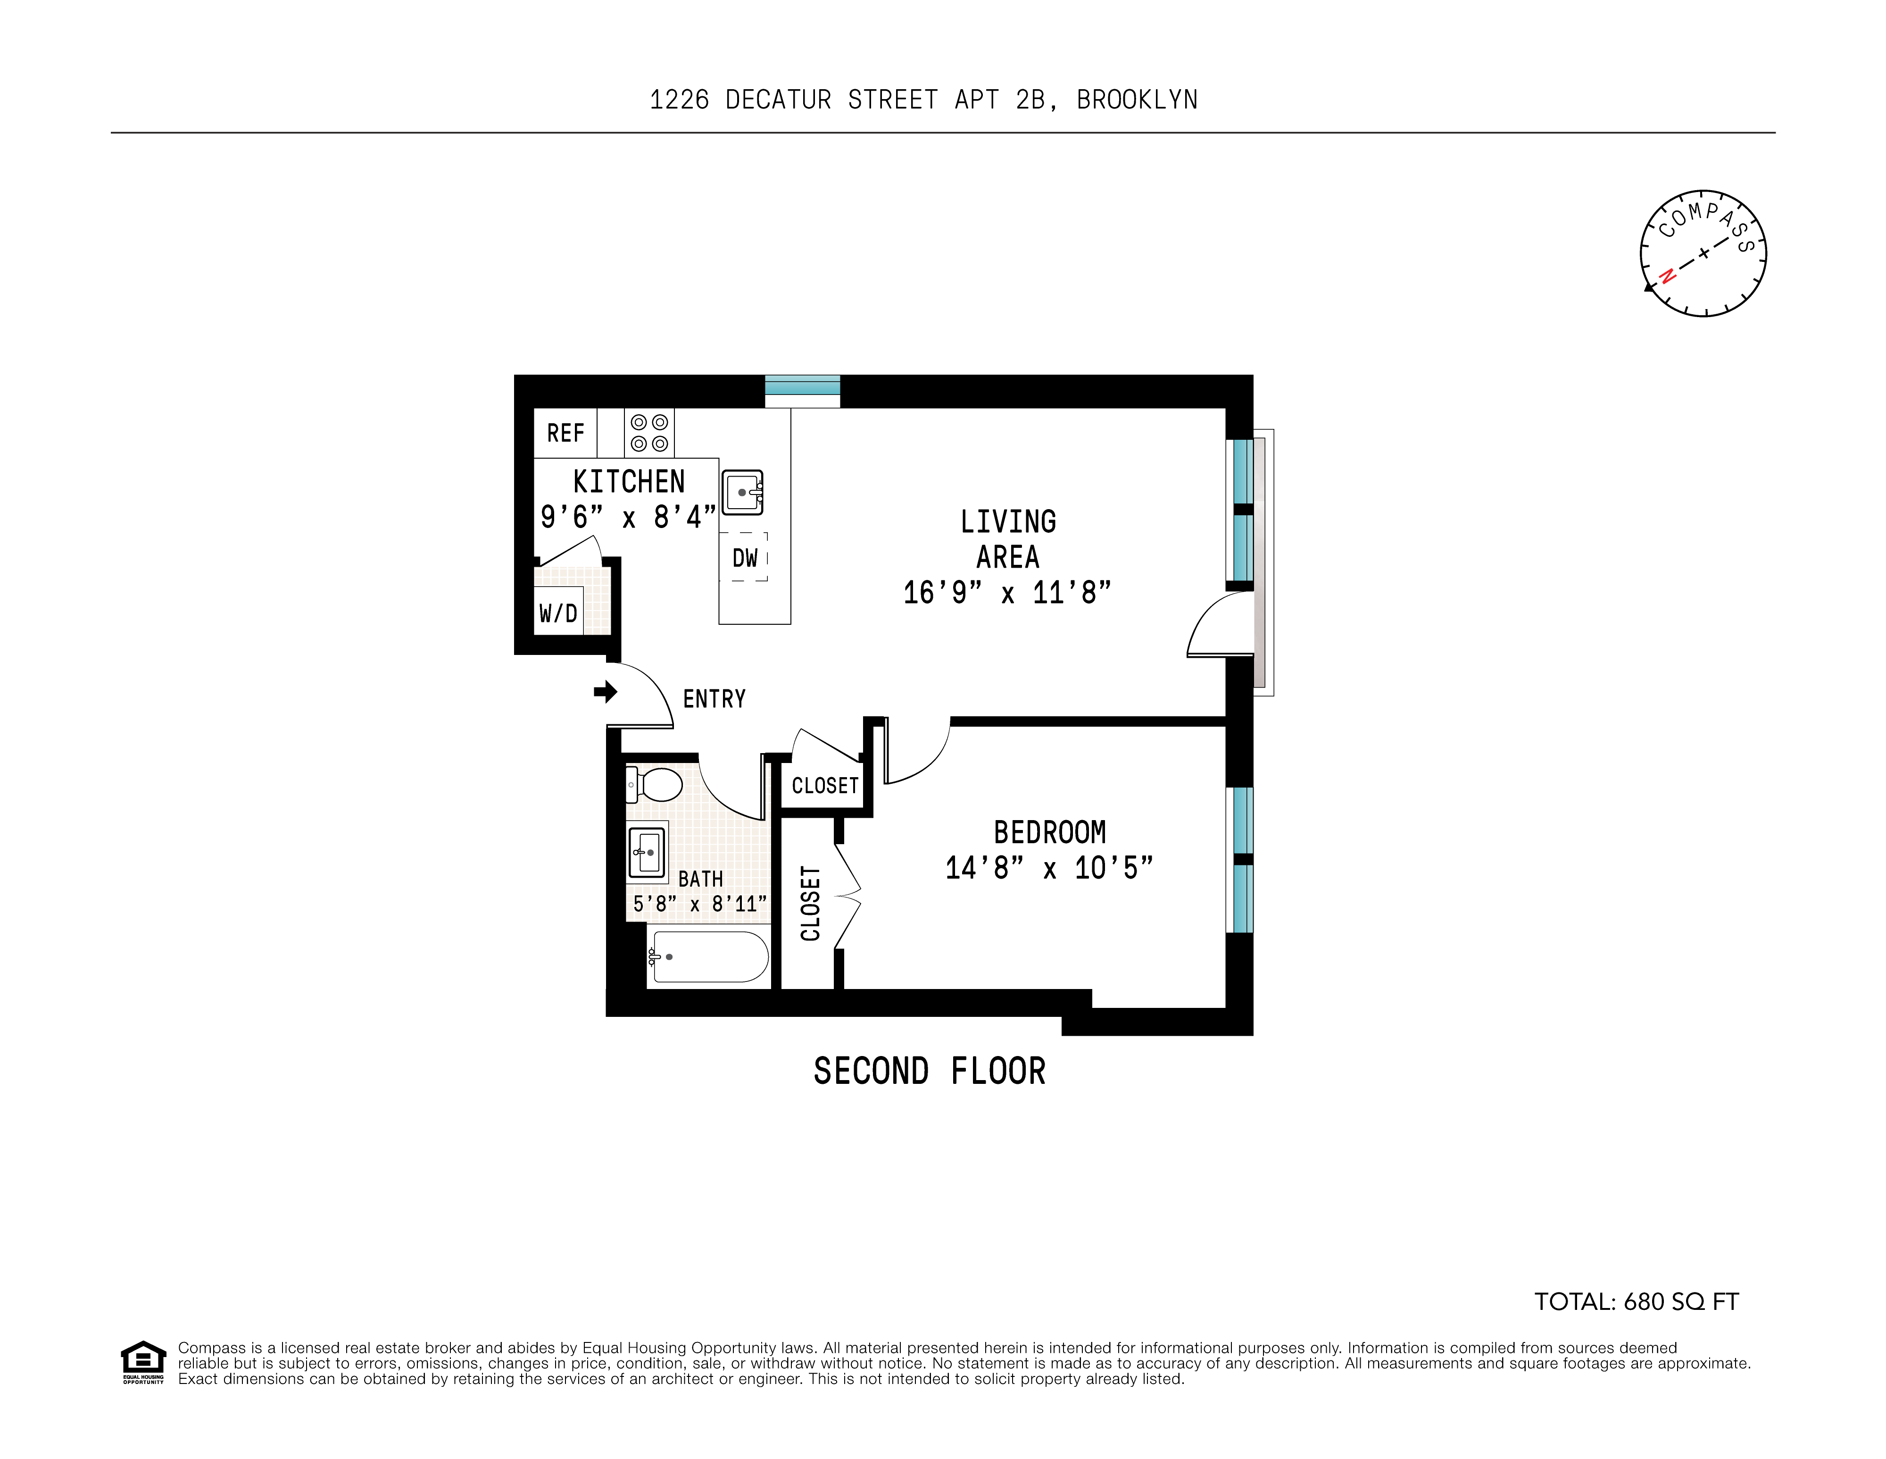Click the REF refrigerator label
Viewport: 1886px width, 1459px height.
565,433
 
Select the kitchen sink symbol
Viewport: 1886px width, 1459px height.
743,492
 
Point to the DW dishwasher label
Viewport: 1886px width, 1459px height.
744,558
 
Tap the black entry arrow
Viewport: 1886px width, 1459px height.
606,691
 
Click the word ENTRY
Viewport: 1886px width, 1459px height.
714,699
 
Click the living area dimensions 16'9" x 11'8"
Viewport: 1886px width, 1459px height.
1007,593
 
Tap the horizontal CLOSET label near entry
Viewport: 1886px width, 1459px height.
825,785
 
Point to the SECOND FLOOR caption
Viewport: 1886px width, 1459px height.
929,1071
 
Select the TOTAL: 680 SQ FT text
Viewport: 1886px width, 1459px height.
1636,1302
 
